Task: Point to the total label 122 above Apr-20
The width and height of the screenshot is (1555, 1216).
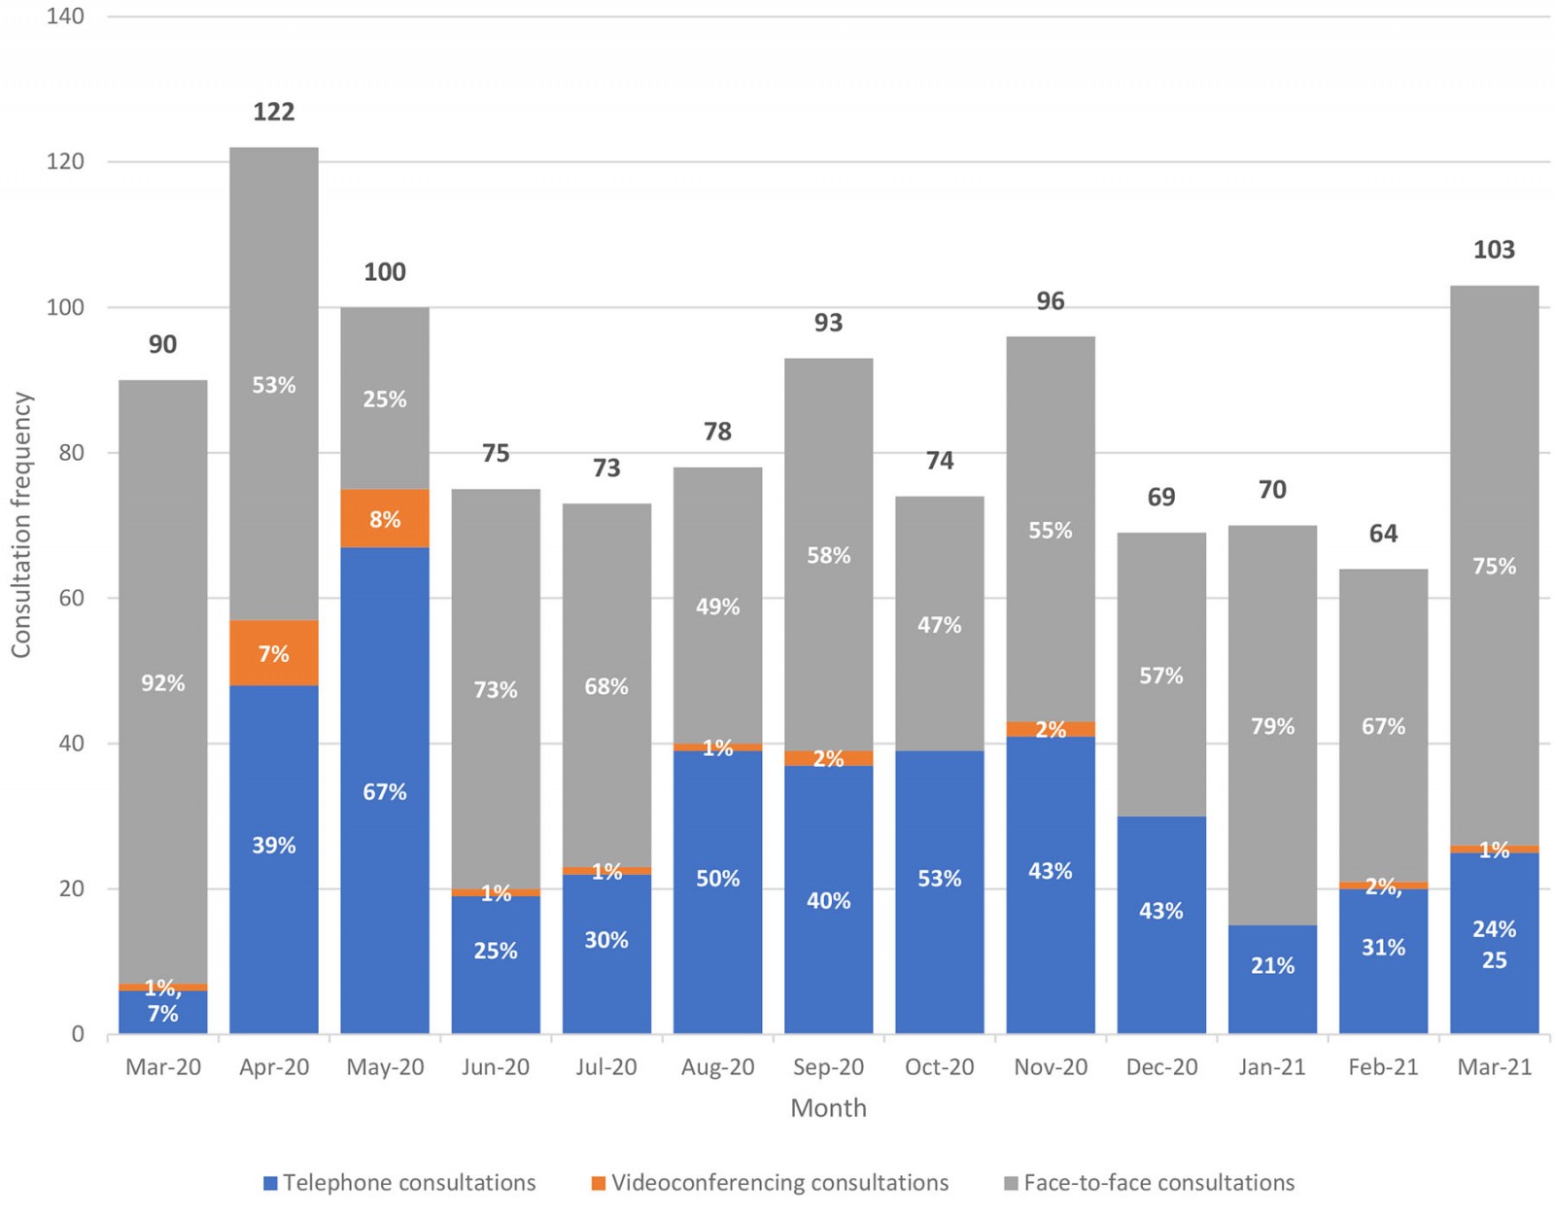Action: [x=273, y=112]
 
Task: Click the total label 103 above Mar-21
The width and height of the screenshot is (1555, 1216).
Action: [x=1494, y=250]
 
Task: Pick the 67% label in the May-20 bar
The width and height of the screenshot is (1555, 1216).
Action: [x=384, y=792]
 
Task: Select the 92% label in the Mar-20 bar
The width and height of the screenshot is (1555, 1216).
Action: [x=162, y=683]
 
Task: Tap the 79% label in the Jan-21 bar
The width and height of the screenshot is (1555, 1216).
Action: [x=1272, y=726]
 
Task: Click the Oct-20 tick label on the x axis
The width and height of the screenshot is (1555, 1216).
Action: [x=939, y=1067]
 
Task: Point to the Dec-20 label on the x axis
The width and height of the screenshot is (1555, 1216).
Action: [x=1161, y=1067]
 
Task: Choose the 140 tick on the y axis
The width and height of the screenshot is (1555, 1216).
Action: [x=65, y=17]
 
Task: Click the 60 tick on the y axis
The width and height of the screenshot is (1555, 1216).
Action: [x=71, y=599]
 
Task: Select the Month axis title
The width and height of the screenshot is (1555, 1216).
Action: [x=828, y=1108]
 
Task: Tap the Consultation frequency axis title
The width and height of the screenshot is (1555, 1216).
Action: [x=21, y=525]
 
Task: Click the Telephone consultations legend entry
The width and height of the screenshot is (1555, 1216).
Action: [x=400, y=1183]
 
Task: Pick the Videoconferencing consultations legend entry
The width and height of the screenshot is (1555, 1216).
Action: [x=770, y=1183]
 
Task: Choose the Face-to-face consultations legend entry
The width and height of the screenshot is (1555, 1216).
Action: [x=1149, y=1183]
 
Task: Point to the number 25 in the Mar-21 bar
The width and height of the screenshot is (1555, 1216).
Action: [x=1494, y=960]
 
